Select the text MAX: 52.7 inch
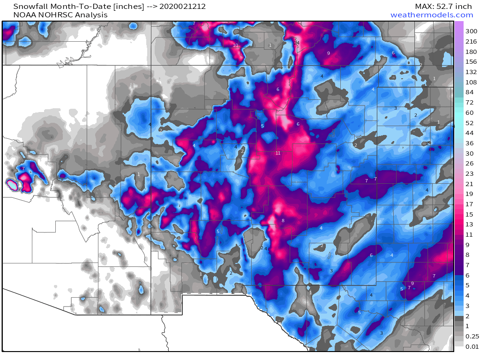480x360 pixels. pyautogui.click(x=443, y=7)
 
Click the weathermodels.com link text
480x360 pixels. pyautogui.click(x=432, y=15)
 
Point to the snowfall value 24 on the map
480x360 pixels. pyautogui.click(x=297, y=43)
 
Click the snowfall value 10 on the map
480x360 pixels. pyautogui.click(x=235, y=45)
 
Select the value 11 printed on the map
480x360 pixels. pyautogui.click(x=278, y=153)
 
